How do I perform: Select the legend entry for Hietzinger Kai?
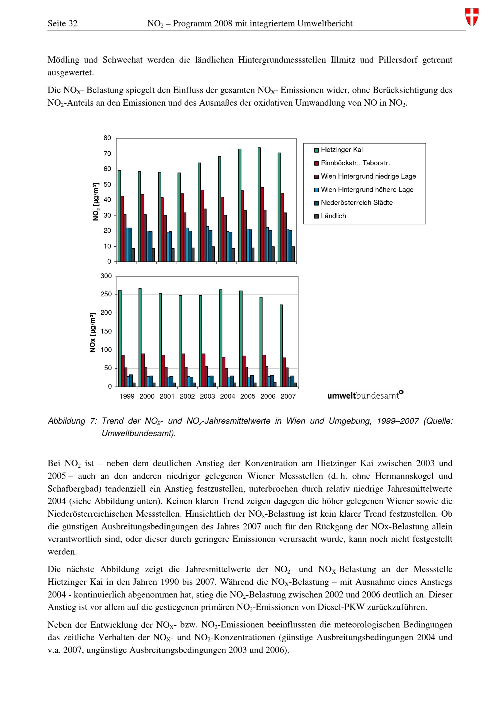(x=341, y=150)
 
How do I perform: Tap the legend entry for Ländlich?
(x=333, y=216)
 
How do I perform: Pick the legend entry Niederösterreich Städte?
(x=356, y=203)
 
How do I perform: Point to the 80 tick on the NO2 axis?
(x=107, y=138)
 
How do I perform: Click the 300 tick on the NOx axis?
(x=106, y=276)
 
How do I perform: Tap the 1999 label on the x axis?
(x=127, y=397)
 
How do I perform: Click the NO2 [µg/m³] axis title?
(x=96, y=202)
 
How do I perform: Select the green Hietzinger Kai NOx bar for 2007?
(x=281, y=345)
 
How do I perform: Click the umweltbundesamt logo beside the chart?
(x=365, y=395)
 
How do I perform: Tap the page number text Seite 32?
(x=62, y=24)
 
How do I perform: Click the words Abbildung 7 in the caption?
(x=72, y=421)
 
